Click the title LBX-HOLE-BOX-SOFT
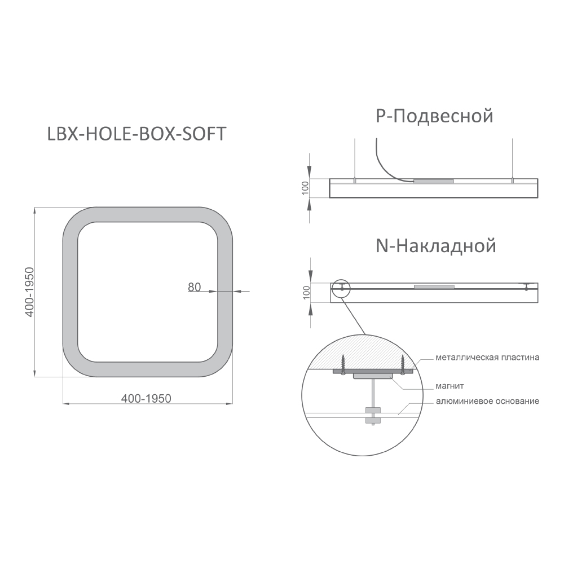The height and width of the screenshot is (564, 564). tap(136, 134)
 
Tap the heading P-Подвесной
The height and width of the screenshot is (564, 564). tap(434, 116)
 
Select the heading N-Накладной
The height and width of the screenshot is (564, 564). tap(436, 246)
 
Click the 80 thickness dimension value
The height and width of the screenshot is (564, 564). tap(194, 287)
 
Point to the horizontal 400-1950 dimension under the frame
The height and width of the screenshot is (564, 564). tap(146, 399)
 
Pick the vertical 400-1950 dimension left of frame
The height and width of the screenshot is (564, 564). tap(29, 292)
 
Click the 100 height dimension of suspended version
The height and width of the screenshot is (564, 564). tap(305, 188)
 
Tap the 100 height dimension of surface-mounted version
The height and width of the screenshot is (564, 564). tap(306, 292)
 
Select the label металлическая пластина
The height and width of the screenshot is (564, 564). tap(487, 358)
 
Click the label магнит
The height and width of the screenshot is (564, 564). tap(450, 386)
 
